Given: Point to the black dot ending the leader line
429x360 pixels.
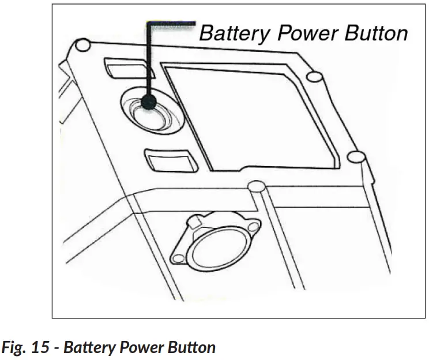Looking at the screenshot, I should click(x=149, y=103).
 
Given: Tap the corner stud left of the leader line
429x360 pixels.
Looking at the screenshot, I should click(x=82, y=46).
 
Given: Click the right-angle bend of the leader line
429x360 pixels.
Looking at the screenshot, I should click(x=149, y=23).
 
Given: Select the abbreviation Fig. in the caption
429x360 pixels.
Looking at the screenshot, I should click(x=16, y=348).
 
